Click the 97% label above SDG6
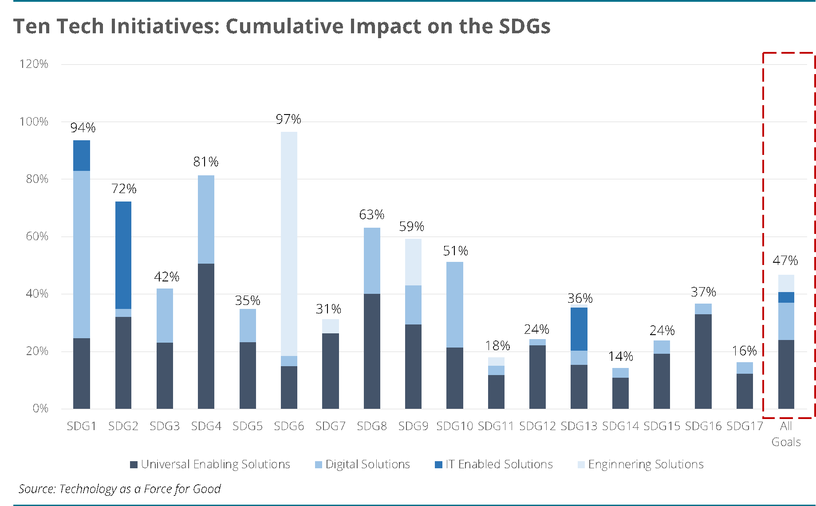[x=288, y=119]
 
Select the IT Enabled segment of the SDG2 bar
[x=123, y=255]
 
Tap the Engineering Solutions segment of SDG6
[x=289, y=244]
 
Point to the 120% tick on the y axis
[x=34, y=64]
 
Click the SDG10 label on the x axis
[x=455, y=426]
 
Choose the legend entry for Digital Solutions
[x=363, y=464]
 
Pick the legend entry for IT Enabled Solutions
[x=494, y=464]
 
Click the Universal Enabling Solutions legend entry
[x=210, y=464]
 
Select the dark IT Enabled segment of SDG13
[x=579, y=329]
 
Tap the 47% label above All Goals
[x=785, y=261]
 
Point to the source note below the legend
[x=120, y=489]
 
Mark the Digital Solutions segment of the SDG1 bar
[x=82, y=254]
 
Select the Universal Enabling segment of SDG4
[x=206, y=336]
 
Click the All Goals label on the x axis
[x=786, y=434]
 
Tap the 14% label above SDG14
[x=620, y=356]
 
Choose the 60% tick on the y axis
[x=37, y=236]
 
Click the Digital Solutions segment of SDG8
[x=372, y=261]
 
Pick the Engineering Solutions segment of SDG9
[x=413, y=262]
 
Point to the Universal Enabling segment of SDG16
[x=703, y=361]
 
